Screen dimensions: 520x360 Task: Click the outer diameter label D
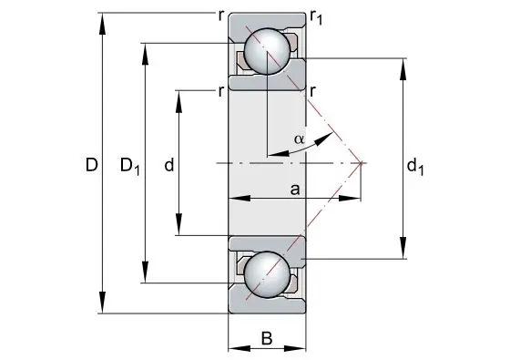coord(92,165)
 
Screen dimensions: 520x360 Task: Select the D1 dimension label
coord(129,166)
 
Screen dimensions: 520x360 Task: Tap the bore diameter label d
coord(169,164)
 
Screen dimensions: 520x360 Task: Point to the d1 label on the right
coord(415,166)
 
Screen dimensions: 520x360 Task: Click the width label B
coord(267,338)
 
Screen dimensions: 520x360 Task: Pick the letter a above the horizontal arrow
coord(295,190)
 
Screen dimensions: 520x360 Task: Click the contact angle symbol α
coord(299,139)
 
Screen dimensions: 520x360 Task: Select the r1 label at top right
coord(316,18)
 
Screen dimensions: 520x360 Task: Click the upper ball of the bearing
coord(267,51)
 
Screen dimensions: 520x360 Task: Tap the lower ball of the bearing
coord(267,274)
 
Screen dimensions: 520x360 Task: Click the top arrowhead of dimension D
coord(102,23)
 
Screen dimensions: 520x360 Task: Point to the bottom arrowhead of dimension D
coord(102,302)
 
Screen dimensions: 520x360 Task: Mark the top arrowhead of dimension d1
coord(403,69)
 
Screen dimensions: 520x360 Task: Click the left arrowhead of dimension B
coord(240,348)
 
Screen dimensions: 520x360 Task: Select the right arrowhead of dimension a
coord(350,199)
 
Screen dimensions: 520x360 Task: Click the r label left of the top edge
coord(221,15)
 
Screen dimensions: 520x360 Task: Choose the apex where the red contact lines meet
coord(361,163)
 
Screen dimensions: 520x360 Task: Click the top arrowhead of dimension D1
coord(145,54)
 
